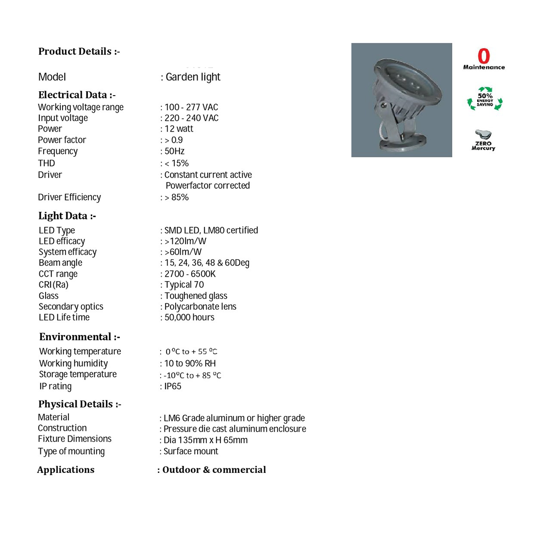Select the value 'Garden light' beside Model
193,77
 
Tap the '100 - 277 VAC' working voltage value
191,107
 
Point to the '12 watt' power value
179,129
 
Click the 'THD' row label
47,163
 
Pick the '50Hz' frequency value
174,151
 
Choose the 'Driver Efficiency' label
69,197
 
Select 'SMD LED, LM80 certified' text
211,231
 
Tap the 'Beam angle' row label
61,263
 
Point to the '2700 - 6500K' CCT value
190,274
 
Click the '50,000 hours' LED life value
189,317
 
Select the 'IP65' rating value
173,386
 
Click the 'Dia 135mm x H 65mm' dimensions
205,440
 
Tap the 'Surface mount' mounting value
191,451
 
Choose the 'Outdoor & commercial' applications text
214,470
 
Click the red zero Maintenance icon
484,56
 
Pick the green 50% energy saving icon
484,99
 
